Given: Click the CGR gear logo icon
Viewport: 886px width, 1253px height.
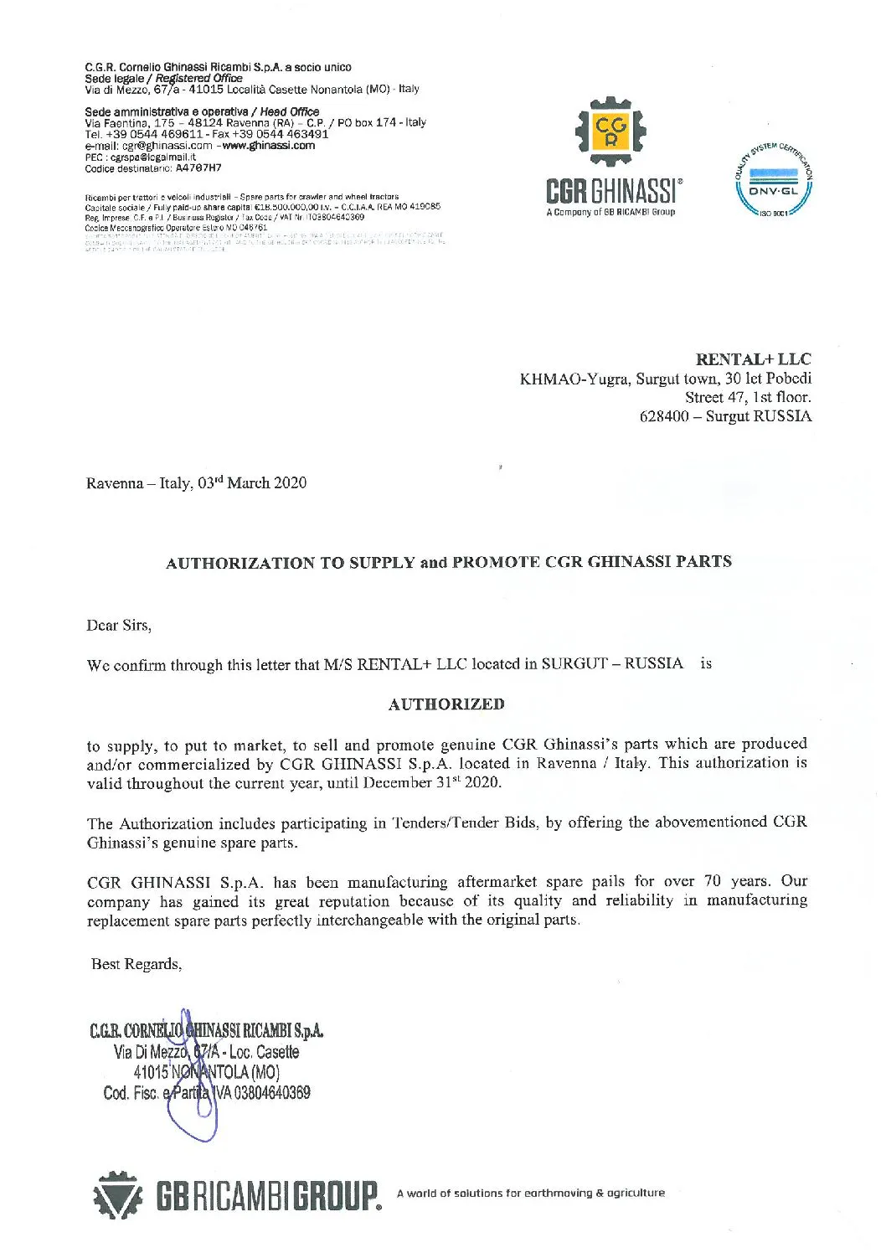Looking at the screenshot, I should point(610,131).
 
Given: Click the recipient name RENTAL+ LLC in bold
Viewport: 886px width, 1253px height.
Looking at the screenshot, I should point(753,359).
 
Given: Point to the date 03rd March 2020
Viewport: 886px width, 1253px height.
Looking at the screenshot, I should point(252,483).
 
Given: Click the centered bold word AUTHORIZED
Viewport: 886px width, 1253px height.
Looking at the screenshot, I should point(446,704).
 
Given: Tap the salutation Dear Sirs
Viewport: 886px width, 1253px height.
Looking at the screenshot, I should point(119,626).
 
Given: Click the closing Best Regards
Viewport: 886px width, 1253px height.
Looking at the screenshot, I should point(137,964).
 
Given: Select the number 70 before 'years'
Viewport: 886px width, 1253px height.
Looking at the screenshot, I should point(712,881).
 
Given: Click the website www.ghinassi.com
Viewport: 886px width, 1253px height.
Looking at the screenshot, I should point(269,146).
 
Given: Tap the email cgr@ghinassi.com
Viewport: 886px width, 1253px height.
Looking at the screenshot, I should point(167,146).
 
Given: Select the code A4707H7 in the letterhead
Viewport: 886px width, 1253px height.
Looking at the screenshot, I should point(198,168).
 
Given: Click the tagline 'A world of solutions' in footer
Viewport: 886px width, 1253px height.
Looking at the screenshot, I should point(531,1193).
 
